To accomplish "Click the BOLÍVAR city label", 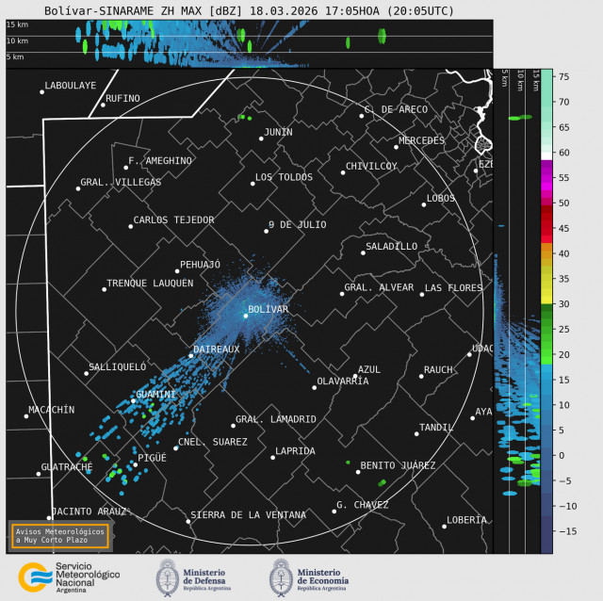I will pyautogui.click(x=268, y=309).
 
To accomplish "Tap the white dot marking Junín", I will pyautogui.click(x=261, y=138).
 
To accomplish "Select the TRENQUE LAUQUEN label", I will pyautogui.click(x=150, y=283).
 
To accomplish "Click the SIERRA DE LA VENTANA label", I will pyautogui.click(x=248, y=514).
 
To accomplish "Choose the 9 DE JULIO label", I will pyautogui.click(x=297, y=224).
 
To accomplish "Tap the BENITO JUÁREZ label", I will pyautogui.click(x=398, y=465).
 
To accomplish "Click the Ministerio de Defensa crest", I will pyautogui.click(x=169, y=577).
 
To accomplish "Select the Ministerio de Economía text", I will pyautogui.click(x=322, y=577).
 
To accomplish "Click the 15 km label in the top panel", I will pyautogui.click(x=16, y=24).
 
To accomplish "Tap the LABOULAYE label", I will pyautogui.click(x=71, y=85).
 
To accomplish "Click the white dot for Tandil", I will pyautogui.click(x=416, y=433).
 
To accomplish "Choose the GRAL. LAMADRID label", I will pyautogui.click(x=275, y=419).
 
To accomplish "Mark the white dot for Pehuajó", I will pyautogui.click(x=176, y=271).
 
